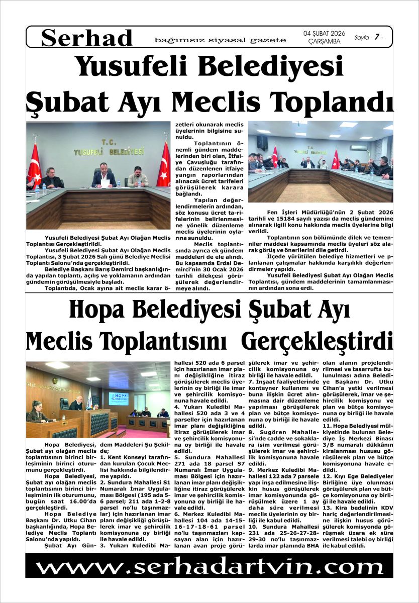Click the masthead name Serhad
(x=87, y=38)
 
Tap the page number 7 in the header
(x=376, y=37)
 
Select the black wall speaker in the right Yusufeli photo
(x=262, y=142)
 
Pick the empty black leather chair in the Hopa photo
(x=64, y=404)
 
